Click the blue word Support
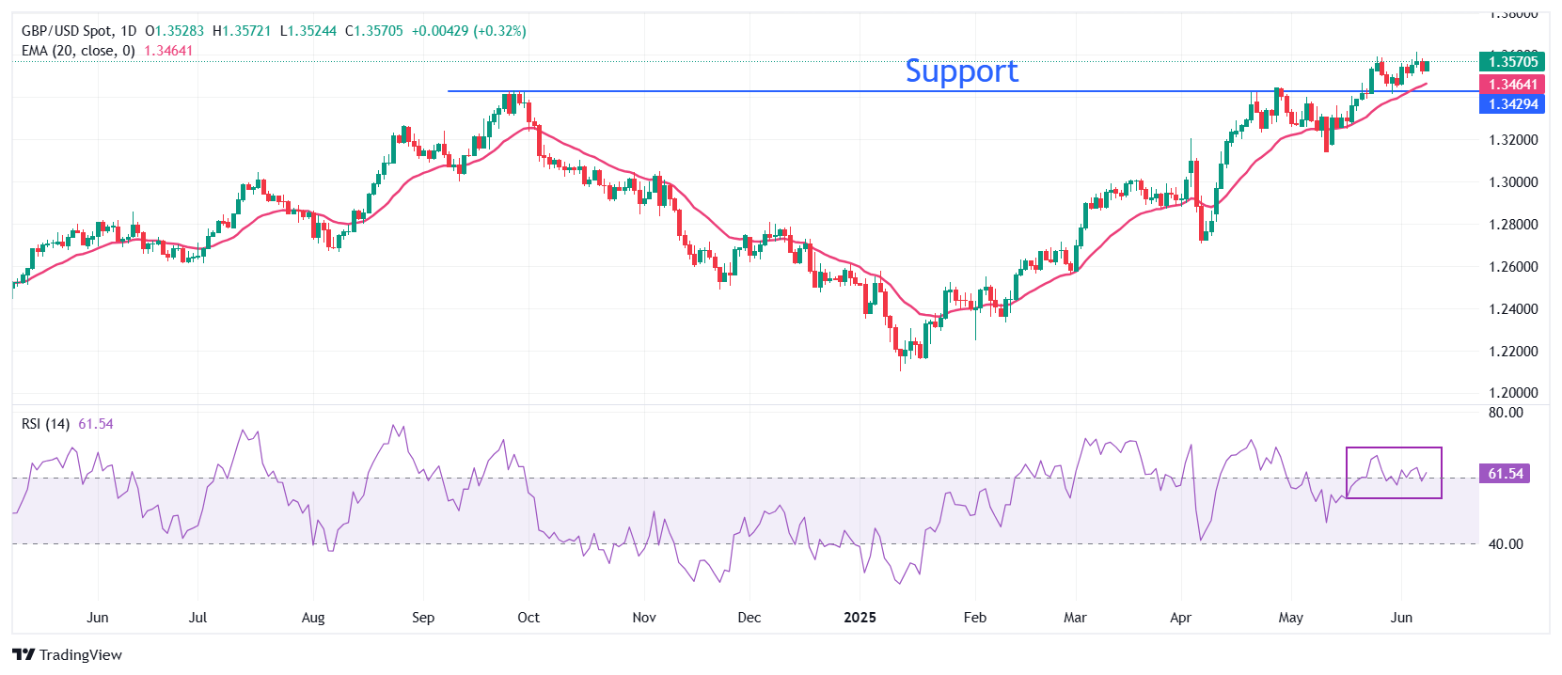pyautogui.click(x=961, y=71)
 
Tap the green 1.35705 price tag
pyautogui.click(x=1512, y=62)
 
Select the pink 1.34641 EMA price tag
pyautogui.click(x=1512, y=85)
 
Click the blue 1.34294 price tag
pyautogui.click(x=1512, y=104)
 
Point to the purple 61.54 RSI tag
pyautogui.click(x=1505, y=474)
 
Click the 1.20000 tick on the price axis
pyautogui.click(x=1513, y=393)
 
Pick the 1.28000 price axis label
pyautogui.click(x=1513, y=225)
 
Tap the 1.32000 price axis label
pyautogui.click(x=1513, y=140)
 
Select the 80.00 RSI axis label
pyautogui.click(x=1506, y=413)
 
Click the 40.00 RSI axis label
pyautogui.click(x=1506, y=544)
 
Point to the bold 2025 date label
pyautogui.click(x=860, y=618)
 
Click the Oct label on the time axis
pyautogui.click(x=529, y=618)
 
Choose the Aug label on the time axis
pyautogui.click(x=313, y=618)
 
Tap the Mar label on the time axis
pyautogui.click(x=1075, y=618)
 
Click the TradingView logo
pyautogui.click(x=68, y=655)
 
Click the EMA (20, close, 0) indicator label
pyautogui.click(x=78, y=51)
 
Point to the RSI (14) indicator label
pyautogui.click(x=45, y=424)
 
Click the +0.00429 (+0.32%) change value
pyautogui.click(x=468, y=31)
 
